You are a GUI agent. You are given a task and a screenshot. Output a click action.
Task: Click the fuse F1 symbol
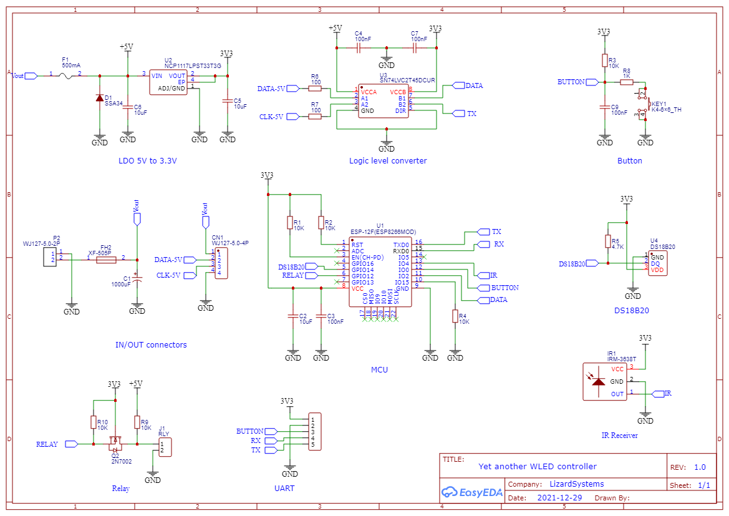[65, 75]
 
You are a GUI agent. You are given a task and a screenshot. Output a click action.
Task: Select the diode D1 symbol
[99, 98]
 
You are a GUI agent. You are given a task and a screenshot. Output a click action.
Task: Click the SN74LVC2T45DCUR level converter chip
[383, 101]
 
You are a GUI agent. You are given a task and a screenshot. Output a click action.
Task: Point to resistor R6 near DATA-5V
[315, 89]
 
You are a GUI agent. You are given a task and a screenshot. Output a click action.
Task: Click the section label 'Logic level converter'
[388, 161]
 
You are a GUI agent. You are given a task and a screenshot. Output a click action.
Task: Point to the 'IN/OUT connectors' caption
[151, 345]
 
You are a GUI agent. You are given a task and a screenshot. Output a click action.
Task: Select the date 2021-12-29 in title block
[559, 498]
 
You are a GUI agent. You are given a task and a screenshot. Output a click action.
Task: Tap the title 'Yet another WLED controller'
[537, 466]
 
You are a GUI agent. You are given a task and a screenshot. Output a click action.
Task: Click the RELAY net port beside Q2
[71, 444]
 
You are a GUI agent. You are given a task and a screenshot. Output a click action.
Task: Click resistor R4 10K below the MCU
[455, 316]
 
